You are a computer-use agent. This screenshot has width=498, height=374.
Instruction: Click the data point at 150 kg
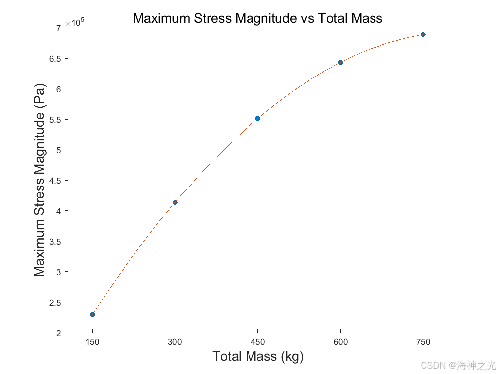click(x=93, y=314)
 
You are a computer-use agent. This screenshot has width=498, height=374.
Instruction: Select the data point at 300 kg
click(x=175, y=202)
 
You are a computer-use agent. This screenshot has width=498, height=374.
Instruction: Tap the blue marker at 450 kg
click(x=257, y=118)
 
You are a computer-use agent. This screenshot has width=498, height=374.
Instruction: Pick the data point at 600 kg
click(x=341, y=63)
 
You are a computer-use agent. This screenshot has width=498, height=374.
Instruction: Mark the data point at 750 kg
click(x=423, y=35)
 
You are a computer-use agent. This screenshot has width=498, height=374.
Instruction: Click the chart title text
click(x=257, y=18)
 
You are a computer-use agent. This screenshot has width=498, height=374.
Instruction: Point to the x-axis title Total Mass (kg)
click(x=258, y=356)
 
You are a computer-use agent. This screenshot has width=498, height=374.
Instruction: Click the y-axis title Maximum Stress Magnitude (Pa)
click(x=40, y=180)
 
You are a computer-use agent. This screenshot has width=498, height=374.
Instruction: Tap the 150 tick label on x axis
click(x=93, y=342)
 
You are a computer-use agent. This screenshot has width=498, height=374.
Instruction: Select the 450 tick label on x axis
click(x=258, y=342)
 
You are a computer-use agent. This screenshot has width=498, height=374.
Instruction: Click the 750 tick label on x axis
click(x=423, y=342)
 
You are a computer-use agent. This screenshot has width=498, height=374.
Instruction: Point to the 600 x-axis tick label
click(x=341, y=342)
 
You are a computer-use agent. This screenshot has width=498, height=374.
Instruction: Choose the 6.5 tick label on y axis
click(x=55, y=59)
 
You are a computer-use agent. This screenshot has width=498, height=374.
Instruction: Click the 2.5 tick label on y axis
click(x=55, y=303)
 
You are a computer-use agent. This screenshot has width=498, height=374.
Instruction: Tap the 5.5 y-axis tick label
click(x=55, y=120)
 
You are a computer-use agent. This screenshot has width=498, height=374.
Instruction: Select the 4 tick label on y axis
click(x=58, y=211)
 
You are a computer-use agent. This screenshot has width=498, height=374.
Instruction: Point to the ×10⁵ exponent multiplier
click(x=75, y=23)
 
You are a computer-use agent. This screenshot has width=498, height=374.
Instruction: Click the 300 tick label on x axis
click(x=175, y=342)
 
